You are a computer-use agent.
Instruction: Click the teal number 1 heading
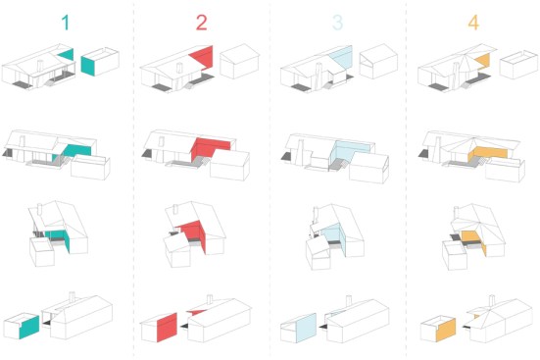[66, 23]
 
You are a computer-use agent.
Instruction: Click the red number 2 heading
[202, 23]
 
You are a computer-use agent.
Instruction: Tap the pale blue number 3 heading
[337, 23]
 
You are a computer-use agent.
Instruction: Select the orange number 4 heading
[473, 23]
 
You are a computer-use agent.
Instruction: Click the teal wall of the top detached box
[88, 66]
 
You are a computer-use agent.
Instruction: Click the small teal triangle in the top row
[68, 55]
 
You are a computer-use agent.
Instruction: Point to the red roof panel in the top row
[203, 57]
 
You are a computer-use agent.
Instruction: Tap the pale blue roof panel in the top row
[342, 57]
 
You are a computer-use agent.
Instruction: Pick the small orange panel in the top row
[483, 61]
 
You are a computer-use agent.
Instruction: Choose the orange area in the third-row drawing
[473, 239]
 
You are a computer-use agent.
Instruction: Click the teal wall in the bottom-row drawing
[29, 328]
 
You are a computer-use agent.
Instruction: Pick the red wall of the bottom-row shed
[167, 328]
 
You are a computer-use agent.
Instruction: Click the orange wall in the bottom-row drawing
[446, 330]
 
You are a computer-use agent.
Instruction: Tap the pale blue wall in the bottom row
[306, 328]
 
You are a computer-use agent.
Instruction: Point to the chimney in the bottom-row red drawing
[210, 299]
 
